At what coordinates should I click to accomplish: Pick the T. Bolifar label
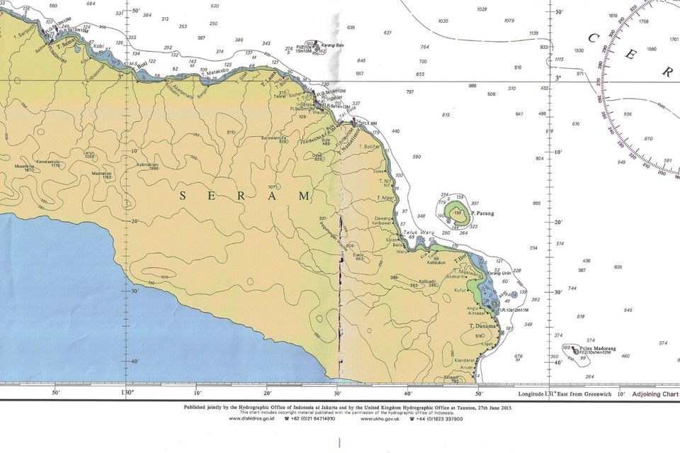370,146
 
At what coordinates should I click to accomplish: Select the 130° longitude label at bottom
127,392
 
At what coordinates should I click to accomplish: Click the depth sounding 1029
482,9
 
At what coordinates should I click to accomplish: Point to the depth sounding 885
536,203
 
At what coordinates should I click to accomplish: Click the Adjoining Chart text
655,393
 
